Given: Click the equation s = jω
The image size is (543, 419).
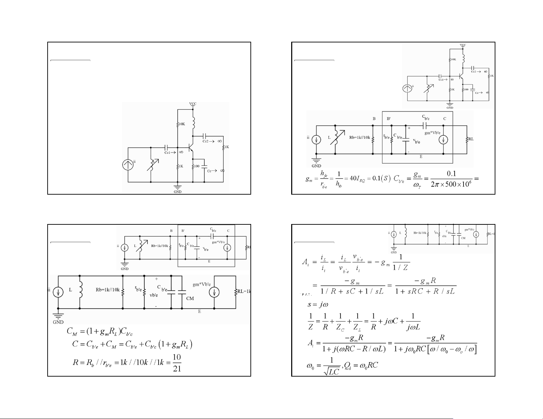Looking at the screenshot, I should pos(318,304).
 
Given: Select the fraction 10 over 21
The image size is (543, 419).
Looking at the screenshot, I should pos(177,363).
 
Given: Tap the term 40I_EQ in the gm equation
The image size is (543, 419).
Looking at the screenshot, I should pos(355,179).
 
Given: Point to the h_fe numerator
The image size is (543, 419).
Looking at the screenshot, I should pos(324,173).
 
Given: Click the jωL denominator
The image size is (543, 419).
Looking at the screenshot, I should pos(413,327).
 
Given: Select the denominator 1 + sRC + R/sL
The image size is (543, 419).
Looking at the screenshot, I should pos(425,291).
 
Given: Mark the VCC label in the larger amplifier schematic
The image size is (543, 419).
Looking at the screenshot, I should pos(193,104).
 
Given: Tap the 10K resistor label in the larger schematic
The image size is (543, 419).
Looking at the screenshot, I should pos(181,124).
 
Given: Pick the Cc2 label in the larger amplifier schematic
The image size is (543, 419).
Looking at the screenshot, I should pos(206,141).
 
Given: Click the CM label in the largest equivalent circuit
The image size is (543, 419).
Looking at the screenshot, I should pos(190,298).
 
